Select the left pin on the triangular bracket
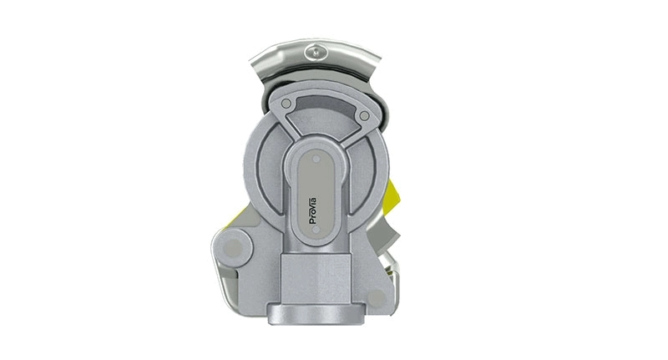click(x=286, y=104)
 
